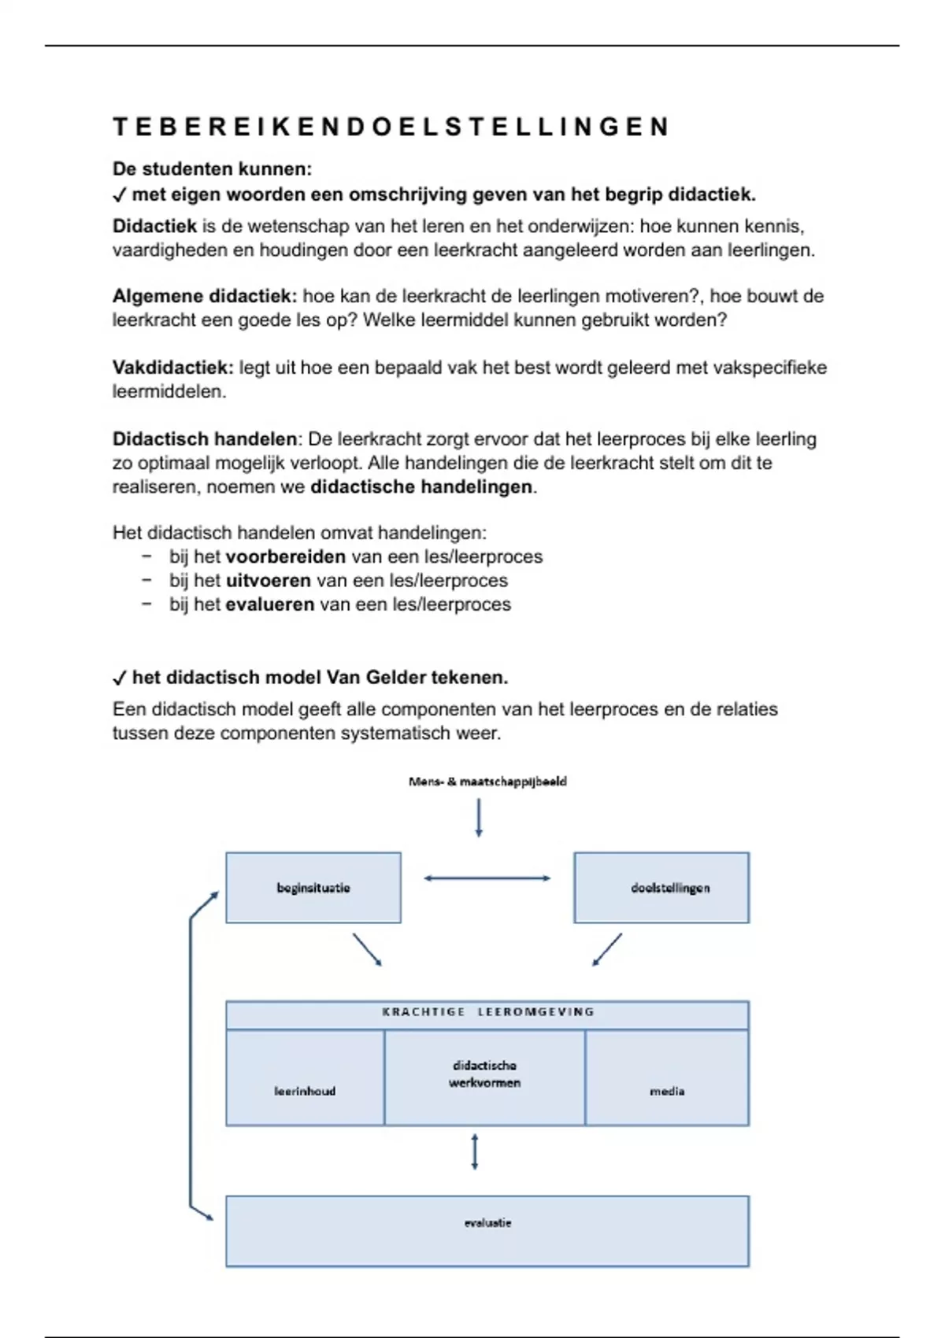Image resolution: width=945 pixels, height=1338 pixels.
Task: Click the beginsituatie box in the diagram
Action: (313, 887)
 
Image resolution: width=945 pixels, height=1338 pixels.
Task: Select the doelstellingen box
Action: (661, 887)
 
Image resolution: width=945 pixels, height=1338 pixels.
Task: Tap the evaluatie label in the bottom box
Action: (487, 1222)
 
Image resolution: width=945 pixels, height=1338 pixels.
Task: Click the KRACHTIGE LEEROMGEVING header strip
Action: (487, 1013)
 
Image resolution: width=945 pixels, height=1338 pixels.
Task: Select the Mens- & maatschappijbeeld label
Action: (487, 782)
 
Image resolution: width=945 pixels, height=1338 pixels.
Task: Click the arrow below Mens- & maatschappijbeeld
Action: (479, 819)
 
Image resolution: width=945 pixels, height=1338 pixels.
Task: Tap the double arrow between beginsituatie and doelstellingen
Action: (487, 878)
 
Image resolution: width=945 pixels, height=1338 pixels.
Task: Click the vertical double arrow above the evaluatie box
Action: (474, 1151)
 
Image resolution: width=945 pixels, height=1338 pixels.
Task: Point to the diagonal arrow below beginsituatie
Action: (367, 950)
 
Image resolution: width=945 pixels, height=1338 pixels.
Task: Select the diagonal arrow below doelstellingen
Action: (607, 950)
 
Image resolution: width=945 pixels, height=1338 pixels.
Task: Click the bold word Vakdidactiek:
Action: (172, 368)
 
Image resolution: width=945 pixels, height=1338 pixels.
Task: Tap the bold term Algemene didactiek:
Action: (204, 297)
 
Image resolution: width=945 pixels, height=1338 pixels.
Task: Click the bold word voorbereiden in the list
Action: (285, 557)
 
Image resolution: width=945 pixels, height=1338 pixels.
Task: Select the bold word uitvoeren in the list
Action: (268, 581)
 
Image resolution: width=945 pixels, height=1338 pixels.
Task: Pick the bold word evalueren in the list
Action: (269, 604)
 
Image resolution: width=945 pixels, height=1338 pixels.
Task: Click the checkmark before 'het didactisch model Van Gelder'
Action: (120, 678)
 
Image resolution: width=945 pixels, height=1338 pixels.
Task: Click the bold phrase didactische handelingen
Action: (422, 487)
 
